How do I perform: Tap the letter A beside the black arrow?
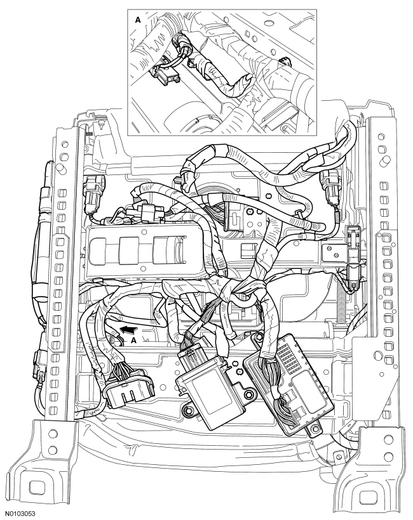133,340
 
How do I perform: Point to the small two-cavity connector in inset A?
166,76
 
